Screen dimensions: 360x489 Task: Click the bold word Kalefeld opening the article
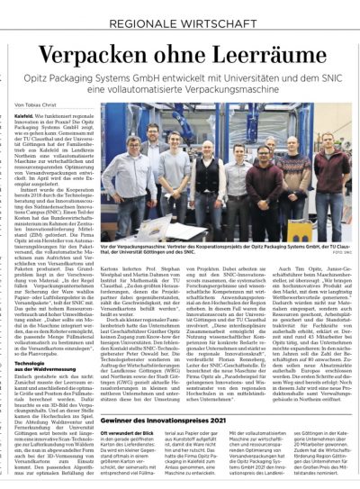click(x=26, y=115)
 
